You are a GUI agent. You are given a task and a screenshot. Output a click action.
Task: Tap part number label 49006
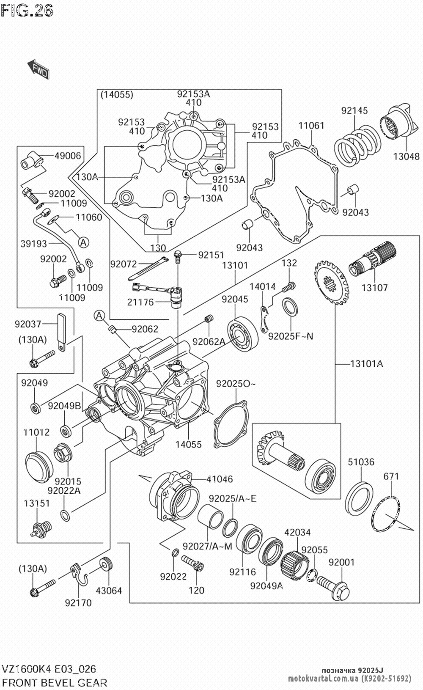click(67, 156)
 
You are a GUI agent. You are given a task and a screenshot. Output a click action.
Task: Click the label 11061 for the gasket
click(311, 126)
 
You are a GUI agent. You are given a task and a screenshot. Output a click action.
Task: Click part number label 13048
click(406, 157)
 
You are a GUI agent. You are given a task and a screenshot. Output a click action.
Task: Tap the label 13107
click(374, 288)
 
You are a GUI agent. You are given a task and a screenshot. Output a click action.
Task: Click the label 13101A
click(366, 363)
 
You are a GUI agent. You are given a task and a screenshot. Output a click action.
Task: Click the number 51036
click(361, 462)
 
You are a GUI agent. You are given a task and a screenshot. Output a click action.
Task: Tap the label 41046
click(220, 479)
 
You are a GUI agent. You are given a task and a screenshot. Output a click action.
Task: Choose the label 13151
click(36, 503)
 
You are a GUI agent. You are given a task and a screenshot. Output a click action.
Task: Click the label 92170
click(78, 603)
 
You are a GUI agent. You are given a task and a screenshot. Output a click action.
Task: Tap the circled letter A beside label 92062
click(99, 315)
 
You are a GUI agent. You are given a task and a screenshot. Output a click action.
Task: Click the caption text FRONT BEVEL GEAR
click(55, 682)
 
